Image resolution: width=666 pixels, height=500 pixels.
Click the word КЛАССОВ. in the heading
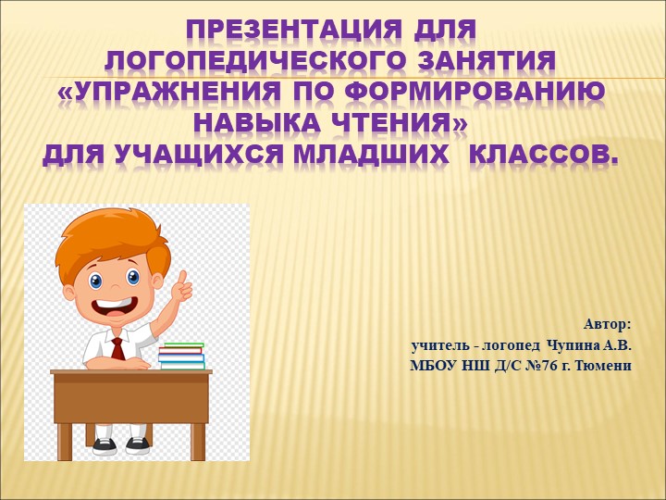click(x=544, y=154)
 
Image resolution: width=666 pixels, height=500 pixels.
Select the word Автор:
click(x=607, y=324)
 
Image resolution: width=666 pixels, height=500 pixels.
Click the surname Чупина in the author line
click(x=574, y=345)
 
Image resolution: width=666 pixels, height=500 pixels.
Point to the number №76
click(x=525, y=366)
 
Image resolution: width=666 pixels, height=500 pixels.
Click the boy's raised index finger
click(x=183, y=278)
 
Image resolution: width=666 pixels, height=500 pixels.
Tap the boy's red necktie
click(x=117, y=348)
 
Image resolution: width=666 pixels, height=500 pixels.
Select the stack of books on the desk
click(x=181, y=356)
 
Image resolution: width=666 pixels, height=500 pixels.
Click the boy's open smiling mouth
click(x=115, y=306)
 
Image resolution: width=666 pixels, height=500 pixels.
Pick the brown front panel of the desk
click(x=130, y=398)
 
